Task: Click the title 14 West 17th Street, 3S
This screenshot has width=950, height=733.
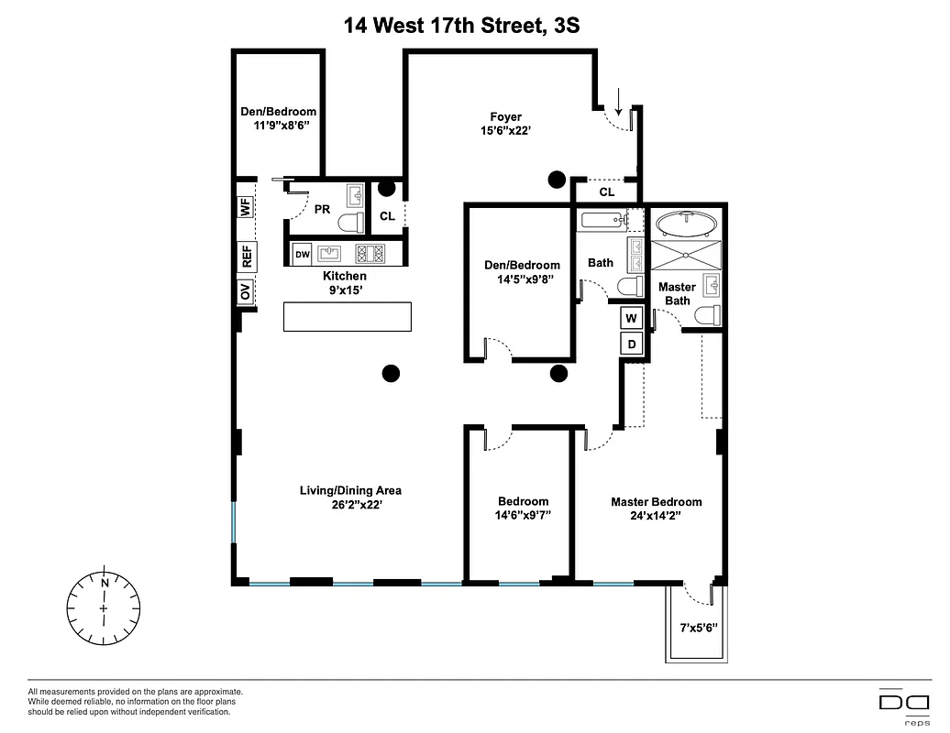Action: pos(461,25)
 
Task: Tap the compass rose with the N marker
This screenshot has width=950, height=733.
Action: pos(105,607)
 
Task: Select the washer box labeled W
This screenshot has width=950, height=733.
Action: pos(631,318)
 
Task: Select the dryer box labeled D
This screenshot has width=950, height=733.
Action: pos(631,345)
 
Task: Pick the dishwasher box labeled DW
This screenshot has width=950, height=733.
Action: pos(302,254)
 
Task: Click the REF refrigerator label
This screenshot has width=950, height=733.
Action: pos(246,255)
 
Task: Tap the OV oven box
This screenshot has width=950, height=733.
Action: pos(246,292)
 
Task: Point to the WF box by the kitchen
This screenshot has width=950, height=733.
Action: pos(246,207)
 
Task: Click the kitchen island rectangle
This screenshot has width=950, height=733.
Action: pos(347,317)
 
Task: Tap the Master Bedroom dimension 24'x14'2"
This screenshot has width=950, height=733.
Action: pos(657,516)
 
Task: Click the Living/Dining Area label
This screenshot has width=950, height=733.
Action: pos(350,490)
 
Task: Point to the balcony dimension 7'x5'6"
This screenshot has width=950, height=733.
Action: pos(698,629)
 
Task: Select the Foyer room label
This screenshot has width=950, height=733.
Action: pos(505,116)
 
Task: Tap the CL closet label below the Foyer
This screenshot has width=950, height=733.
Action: pos(606,192)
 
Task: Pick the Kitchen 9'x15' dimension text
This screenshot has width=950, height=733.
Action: pos(345,290)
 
